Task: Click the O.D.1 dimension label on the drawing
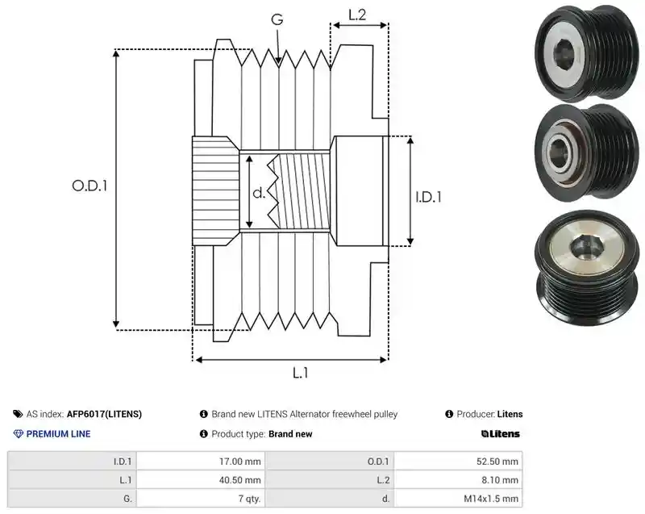click(89, 186)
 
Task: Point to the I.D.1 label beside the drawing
click(428, 197)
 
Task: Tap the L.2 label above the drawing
click(357, 15)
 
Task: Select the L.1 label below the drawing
click(300, 373)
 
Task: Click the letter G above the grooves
click(277, 19)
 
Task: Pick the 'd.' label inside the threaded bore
click(259, 192)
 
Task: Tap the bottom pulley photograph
click(588, 268)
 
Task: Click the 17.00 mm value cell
click(201, 462)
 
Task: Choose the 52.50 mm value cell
click(458, 462)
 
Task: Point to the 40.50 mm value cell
click(201, 480)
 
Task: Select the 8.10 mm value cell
click(458, 480)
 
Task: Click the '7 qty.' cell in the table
click(201, 499)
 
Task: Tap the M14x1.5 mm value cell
click(458, 499)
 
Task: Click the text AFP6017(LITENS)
click(104, 414)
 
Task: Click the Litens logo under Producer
click(500, 434)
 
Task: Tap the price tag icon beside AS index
click(18, 414)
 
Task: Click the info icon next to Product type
click(203, 434)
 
